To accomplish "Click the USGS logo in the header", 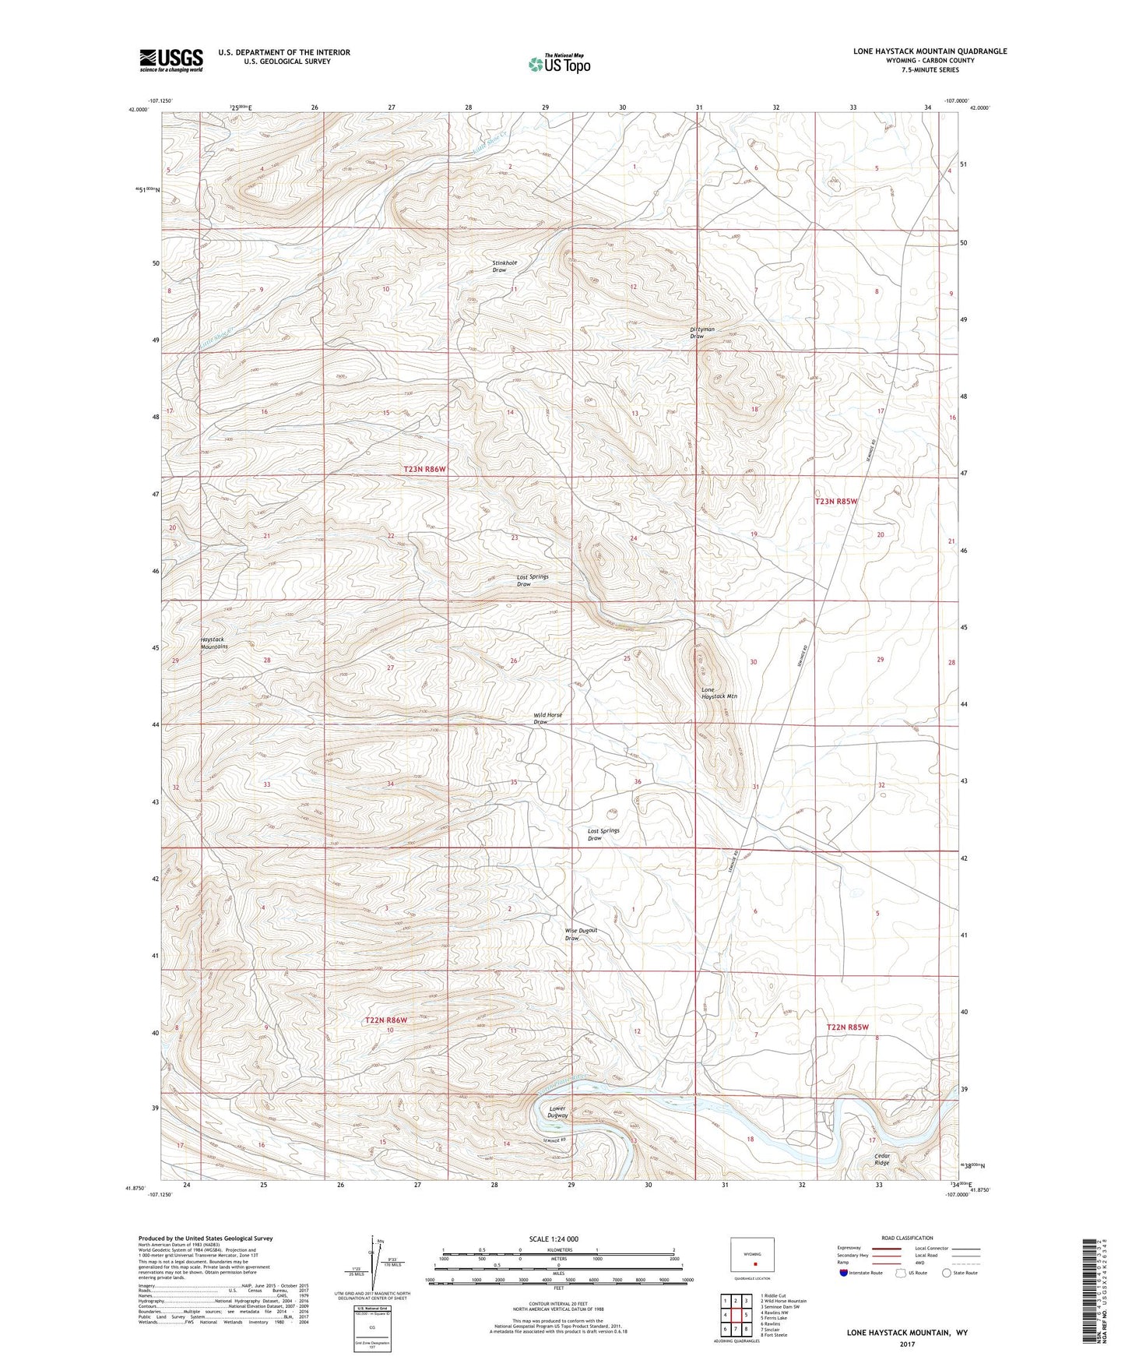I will [171, 59].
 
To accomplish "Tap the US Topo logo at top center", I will [559, 64].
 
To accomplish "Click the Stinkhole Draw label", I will [504, 266].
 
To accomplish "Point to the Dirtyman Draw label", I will [702, 333].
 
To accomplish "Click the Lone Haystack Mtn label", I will [719, 692].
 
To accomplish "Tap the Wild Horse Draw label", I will [547, 718].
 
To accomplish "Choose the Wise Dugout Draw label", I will [581, 934].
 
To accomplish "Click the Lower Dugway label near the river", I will [558, 1112].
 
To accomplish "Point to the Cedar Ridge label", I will [881, 1159].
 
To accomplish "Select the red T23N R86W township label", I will [427, 469].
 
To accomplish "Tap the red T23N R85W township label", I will [836, 502].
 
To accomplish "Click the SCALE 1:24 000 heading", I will [558, 1238].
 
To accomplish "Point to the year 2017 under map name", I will [907, 1344].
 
